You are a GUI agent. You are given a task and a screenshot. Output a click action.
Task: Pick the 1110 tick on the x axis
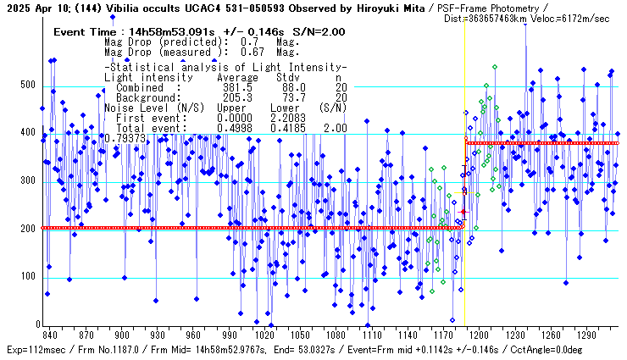point(370,335)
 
